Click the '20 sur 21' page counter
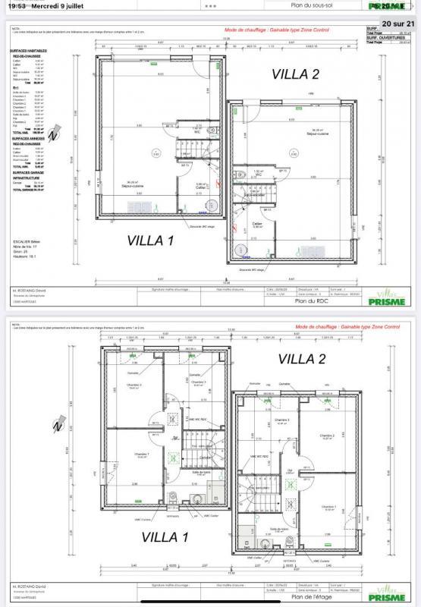click(401, 23)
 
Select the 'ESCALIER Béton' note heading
click(24, 241)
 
